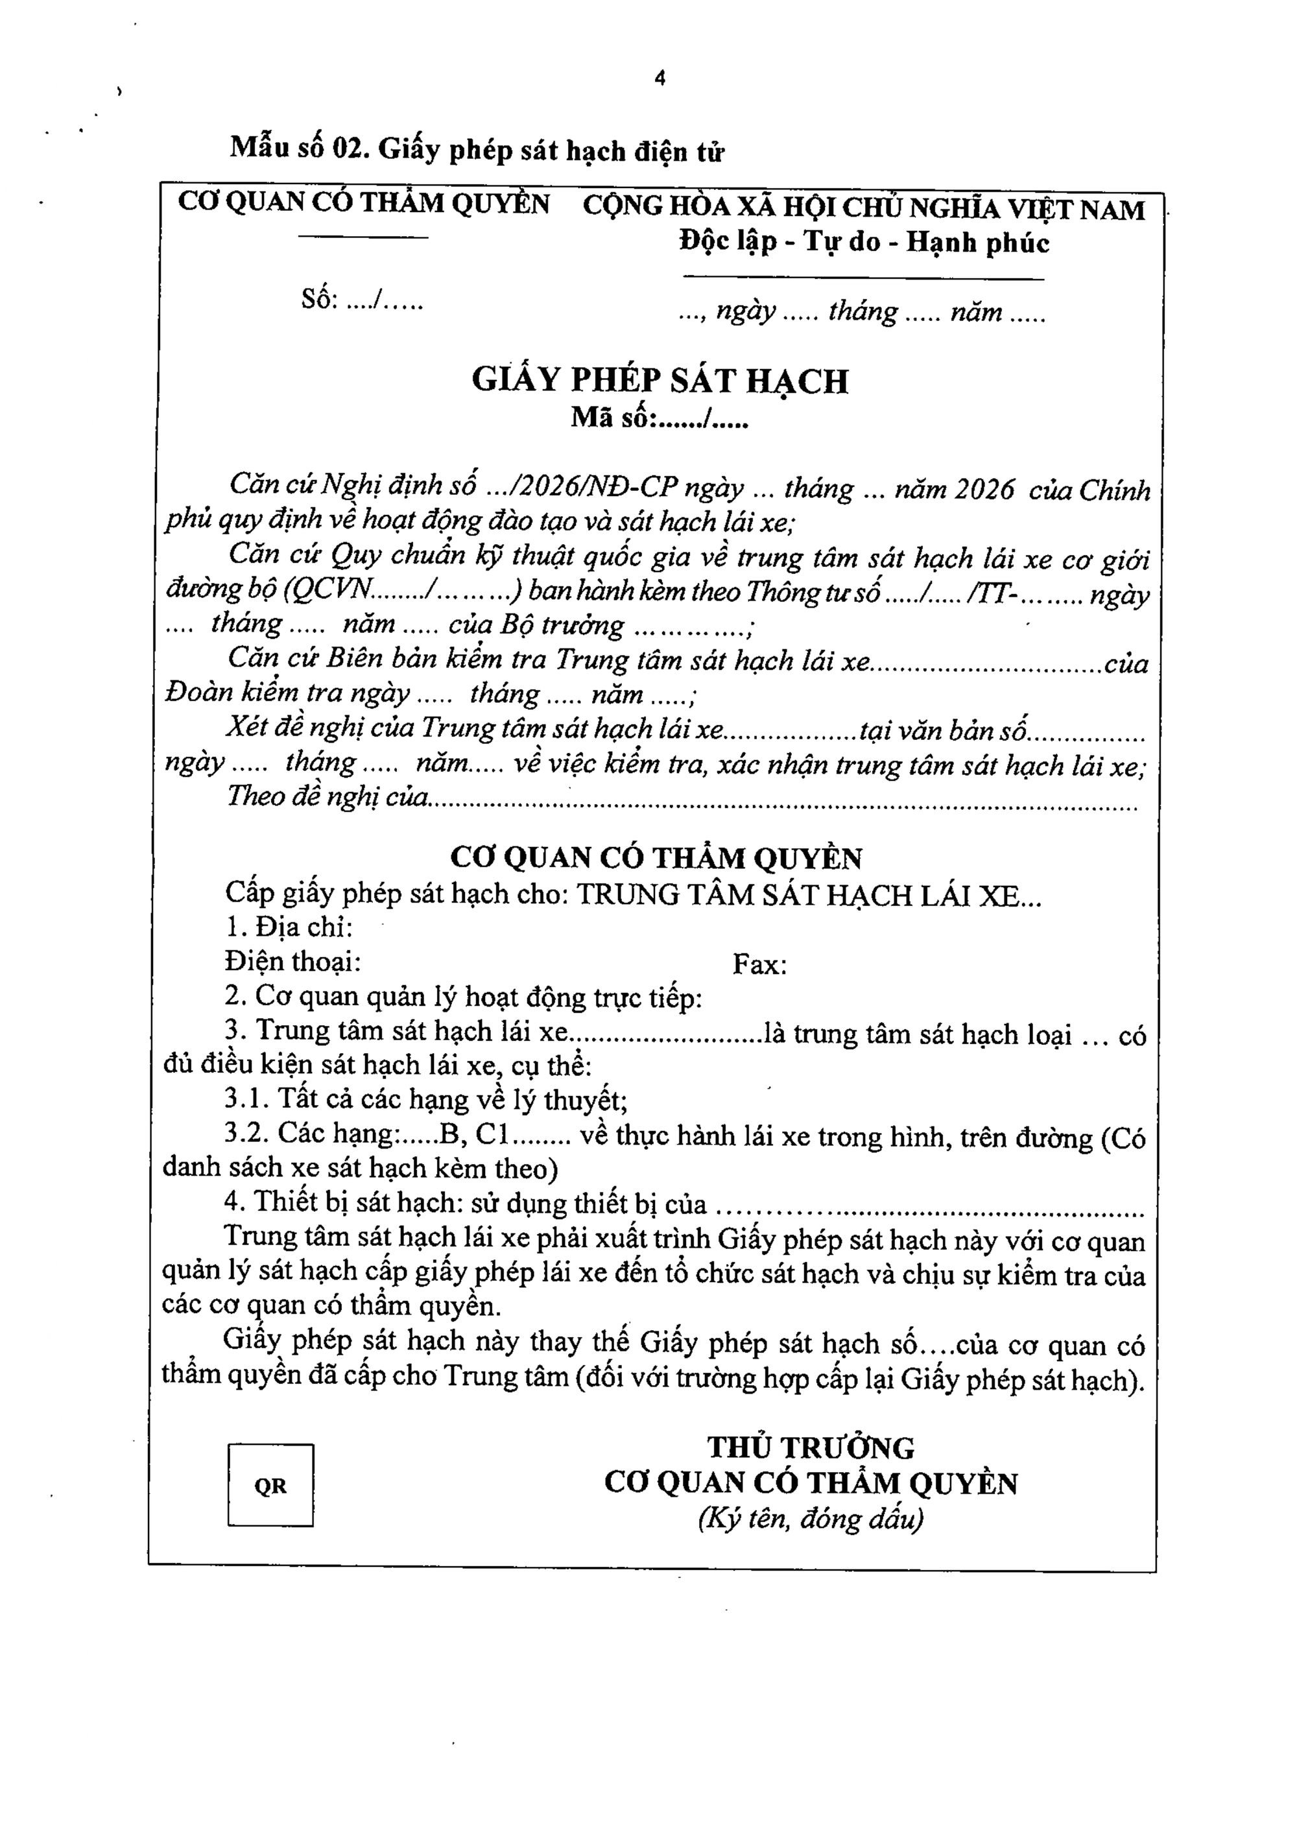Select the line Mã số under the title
(659, 418)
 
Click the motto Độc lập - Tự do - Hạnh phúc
(863, 242)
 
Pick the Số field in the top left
(362, 300)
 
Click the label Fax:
(759, 965)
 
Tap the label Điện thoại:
(292, 962)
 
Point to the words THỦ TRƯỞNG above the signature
(811, 1448)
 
